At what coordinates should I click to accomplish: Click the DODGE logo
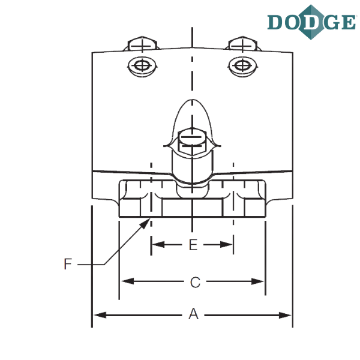coord(311,22)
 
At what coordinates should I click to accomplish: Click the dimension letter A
coord(194,314)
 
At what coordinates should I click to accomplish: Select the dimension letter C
coord(195,283)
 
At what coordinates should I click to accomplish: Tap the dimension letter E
coord(193,245)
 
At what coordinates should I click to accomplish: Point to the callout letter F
coord(68,264)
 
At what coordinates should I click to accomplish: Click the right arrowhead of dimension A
coord(284,315)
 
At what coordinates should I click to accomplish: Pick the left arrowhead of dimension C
coord(128,281)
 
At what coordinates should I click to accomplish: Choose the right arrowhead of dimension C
coord(257,281)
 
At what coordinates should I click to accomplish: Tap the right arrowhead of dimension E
coord(226,245)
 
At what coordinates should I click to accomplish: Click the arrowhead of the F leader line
coord(145,223)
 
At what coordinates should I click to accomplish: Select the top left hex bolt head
coord(142,44)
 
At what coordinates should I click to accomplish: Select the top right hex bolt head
coord(242,44)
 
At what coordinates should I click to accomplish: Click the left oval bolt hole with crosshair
coord(142,66)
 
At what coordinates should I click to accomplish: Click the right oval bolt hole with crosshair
coord(242,66)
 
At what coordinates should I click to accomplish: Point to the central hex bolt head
coord(193,141)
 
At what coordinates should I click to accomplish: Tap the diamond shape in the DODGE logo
coord(311,22)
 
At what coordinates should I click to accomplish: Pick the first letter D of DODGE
coord(275,22)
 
